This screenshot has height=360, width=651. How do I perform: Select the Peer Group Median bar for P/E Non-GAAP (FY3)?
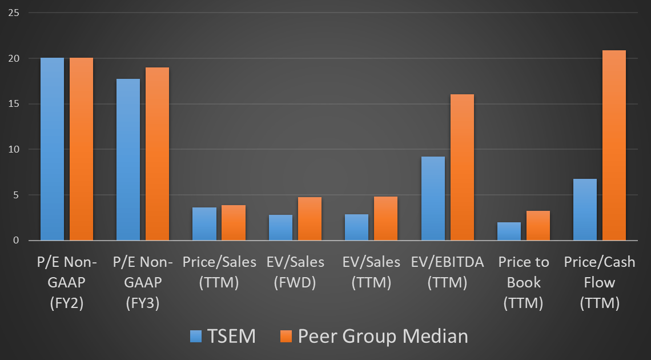click(x=157, y=154)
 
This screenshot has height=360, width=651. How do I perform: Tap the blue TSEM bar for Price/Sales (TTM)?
click(x=204, y=224)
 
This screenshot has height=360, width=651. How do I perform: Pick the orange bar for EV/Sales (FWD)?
click(x=310, y=219)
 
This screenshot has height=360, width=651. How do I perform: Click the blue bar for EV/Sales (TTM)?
click(x=356, y=227)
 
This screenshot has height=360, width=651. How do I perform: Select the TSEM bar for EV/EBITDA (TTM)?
click(x=433, y=198)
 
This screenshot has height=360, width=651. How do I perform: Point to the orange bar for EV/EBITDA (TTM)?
click(x=462, y=167)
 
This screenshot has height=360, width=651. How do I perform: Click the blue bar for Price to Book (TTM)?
click(x=509, y=231)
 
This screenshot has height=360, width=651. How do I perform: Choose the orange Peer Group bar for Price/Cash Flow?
click(x=614, y=145)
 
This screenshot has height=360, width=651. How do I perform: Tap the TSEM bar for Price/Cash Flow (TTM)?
click(x=585, y=210)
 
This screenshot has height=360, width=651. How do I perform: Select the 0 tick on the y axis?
click(x=17, y=241)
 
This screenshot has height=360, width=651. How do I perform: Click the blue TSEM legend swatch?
click(x=198, y=336)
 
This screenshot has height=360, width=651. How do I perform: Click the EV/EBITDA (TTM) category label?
click(x=447, y=272)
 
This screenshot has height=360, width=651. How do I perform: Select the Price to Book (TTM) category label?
click(x=524, y=282)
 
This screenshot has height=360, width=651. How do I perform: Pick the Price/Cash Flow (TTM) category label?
click(x=600, y=282)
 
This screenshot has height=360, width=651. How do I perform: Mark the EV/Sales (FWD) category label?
click(x=295, y=272)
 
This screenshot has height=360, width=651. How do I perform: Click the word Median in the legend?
click(x=436, y=336)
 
